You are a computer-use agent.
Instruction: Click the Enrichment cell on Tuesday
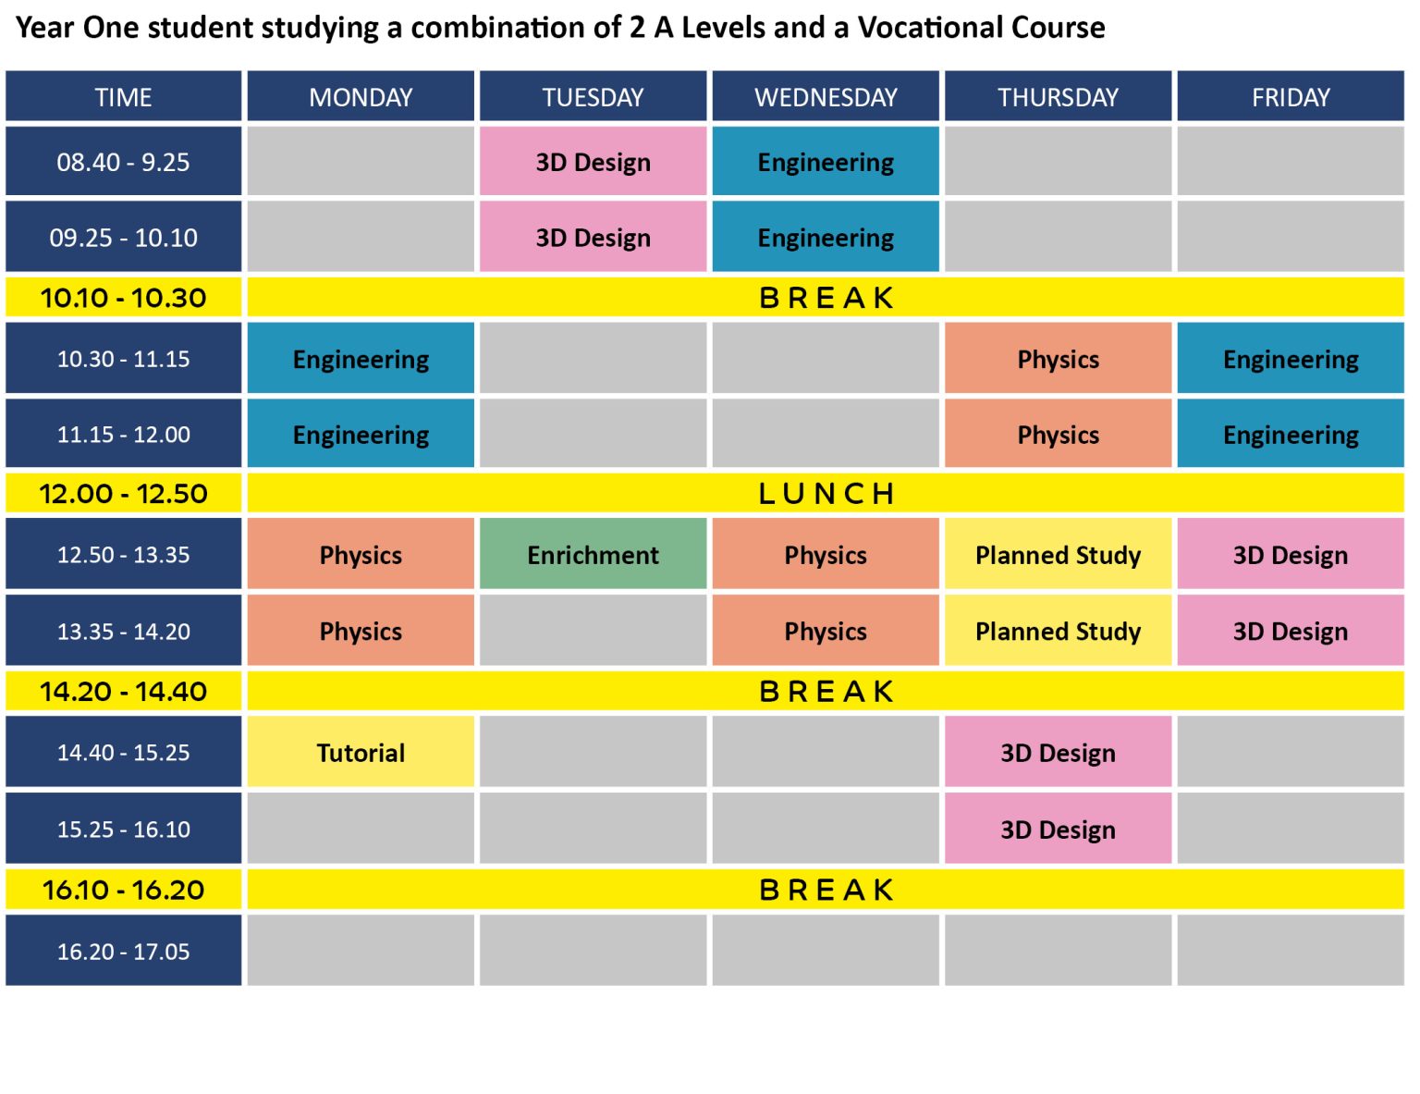(x=593, y=555)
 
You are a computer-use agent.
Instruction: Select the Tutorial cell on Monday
(x=361, y=753)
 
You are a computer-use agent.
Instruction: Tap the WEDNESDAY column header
(x=826, y=97)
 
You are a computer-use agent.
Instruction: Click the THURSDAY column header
(x=1058, y=97)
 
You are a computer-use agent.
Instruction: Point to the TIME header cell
(x=123, y=97)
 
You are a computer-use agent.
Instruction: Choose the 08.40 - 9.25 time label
(x=123, y=162)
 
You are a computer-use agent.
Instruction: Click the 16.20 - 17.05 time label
(x=123, y=951)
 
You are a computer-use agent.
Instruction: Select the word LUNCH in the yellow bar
(x=826, y=494)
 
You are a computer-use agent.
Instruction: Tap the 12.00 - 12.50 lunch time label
(x=123, y=494)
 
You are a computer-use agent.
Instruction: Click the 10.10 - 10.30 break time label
(x=123, y=298)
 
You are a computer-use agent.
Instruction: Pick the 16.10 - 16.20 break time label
(x=123, y=890)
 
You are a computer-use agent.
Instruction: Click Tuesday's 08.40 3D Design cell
(x=593, y=162)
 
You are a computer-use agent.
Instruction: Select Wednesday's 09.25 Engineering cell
(x=826, y=238)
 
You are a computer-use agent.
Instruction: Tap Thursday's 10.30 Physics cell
(x=1058, y=359)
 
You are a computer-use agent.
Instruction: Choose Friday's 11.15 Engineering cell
(x=1291, y=435)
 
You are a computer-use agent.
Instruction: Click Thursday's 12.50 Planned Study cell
(x=1058, y=555)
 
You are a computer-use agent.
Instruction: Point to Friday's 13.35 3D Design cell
(x=1291, y=632)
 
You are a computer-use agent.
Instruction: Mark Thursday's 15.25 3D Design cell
(x=1058, y=830)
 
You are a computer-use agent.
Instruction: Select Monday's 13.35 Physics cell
(x=361, y=632)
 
